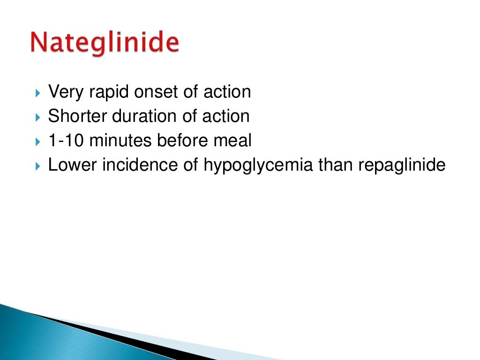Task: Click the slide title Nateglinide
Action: point(105,43)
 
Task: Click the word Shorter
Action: point(75,116)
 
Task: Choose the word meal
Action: point(232,141)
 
